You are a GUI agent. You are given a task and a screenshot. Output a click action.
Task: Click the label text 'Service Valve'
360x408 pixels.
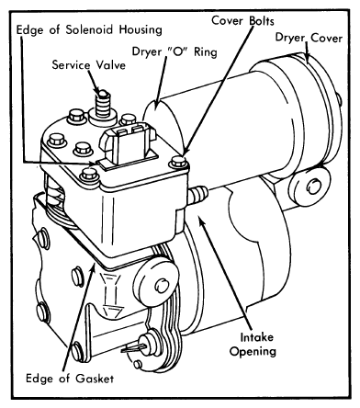89,65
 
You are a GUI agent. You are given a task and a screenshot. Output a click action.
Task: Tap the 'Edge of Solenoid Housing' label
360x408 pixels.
89,30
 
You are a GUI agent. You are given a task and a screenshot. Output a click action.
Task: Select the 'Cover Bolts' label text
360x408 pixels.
242,21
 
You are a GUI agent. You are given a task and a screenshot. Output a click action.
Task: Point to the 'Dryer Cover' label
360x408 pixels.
309,38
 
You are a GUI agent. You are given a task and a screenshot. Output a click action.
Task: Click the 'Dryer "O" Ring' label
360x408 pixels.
174,51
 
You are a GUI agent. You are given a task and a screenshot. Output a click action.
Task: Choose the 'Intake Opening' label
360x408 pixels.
253,345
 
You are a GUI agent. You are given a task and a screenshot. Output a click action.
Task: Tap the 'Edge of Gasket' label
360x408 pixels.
70,379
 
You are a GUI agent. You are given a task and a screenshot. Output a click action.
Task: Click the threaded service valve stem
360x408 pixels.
103,104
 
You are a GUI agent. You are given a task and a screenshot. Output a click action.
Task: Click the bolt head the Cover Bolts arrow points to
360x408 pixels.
178,162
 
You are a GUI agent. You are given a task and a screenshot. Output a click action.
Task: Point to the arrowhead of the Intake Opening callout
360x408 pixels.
201,221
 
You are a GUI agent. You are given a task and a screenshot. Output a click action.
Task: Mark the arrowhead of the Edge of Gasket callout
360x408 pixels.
93,266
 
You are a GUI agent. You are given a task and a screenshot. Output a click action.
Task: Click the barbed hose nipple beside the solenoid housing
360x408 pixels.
197,195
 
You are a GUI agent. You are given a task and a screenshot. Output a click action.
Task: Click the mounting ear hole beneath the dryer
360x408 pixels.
314,187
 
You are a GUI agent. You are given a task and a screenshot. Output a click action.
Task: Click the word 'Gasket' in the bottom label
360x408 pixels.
95,379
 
